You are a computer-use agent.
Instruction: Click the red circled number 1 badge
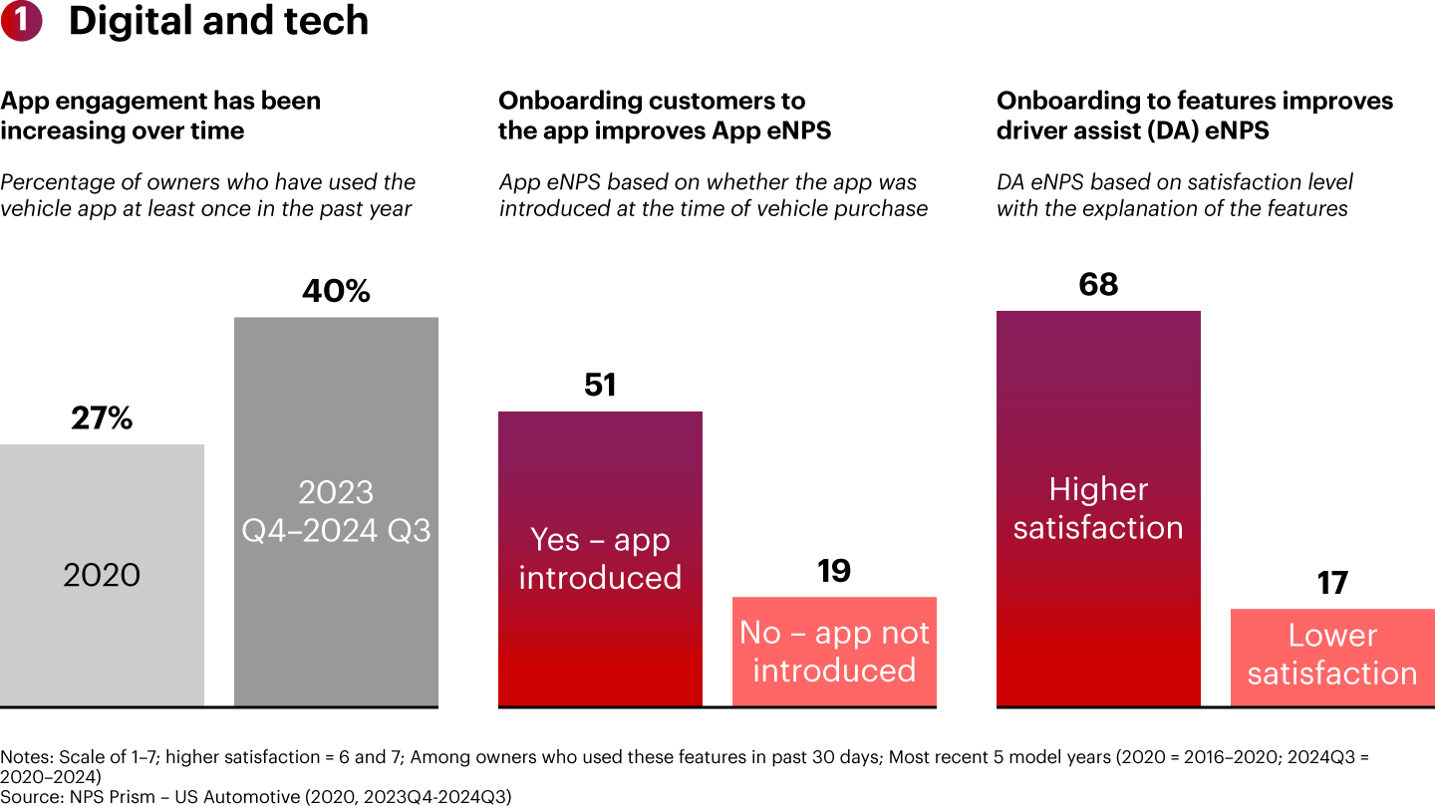click(x=21, y=22)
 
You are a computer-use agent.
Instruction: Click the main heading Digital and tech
click(x=218, y=22)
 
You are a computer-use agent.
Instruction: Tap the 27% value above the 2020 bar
click(x=102, y=419)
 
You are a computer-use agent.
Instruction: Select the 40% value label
click(x=336, y=292)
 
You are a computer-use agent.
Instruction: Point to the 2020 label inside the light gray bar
click(x=102, y=575)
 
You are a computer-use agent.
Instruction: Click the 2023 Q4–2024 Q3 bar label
click(x=336, y=511)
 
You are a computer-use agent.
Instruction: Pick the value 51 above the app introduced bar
click(x=600, y=386)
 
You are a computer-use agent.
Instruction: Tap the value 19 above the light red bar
click(x=834, y=571)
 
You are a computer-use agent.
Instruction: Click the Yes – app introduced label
click(x=600, y=558)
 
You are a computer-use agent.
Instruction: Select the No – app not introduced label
click(x=834, y=652)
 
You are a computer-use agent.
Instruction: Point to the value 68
click(x=1098, y=285)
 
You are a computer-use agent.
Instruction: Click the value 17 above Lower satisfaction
click(x=1332, y=583)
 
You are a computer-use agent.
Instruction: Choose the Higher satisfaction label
click(x=1098, y=508)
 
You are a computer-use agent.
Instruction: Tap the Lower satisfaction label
click(x=1332, y=655)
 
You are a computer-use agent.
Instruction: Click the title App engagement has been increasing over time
click(x=160, y=116)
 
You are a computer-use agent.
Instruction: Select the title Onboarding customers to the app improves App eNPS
click(x=664, y=116)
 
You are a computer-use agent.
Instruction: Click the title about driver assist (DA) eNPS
click(x=1194, y=116)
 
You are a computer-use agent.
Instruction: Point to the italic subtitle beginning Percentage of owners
click(x=207, y=195)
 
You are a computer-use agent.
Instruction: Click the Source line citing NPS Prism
click(x=255, y=795)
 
